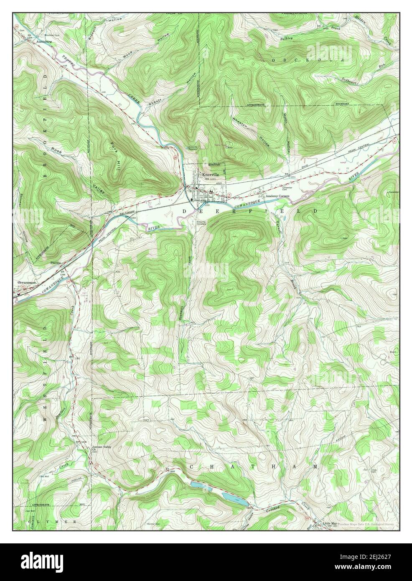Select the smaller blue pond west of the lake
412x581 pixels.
click(196, 484)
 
